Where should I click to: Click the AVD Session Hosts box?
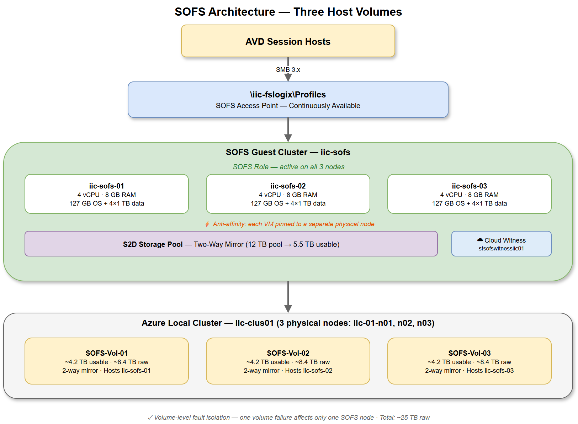(288, 41)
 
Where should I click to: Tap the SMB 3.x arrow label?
(288, 70)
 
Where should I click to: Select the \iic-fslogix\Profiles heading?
(288, 95)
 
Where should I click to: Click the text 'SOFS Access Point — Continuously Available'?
(288, 106)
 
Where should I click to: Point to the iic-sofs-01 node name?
(106, 186)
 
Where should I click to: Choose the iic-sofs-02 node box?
(288, 194)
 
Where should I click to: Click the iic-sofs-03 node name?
(469, 186)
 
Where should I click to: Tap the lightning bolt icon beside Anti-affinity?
(207, 224)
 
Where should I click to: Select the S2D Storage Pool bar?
(231, 244)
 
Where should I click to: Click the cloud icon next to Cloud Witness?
(480, 240)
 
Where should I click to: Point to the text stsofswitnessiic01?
(501, 249)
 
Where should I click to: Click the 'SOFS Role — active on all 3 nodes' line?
(288, 167)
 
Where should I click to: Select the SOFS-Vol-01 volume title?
(106, 353)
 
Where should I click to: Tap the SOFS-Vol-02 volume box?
(288, 361)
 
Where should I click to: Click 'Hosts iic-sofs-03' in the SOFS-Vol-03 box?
(490, 371)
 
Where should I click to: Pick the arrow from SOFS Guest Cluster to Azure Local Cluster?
(288, 297)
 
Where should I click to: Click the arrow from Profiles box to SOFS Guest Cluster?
(288, 129)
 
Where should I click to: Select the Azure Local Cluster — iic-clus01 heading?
(288, 323)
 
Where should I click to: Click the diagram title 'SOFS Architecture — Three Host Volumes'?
(288, 12)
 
